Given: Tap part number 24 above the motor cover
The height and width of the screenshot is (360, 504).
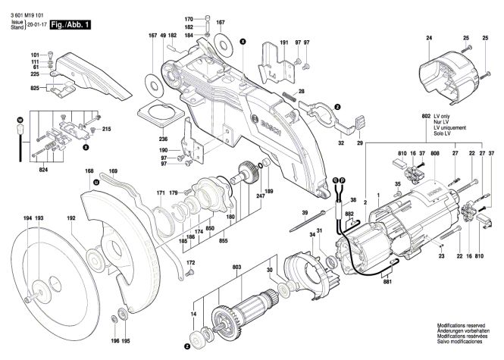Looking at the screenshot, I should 429,38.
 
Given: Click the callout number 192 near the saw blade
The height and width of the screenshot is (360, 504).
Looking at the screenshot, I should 72,218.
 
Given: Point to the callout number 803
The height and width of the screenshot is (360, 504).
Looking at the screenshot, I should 237,268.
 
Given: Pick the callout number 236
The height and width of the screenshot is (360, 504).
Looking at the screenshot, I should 163,139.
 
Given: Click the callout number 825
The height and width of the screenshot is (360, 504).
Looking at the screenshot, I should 34,89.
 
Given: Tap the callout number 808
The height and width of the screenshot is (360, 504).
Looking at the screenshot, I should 434,154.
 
